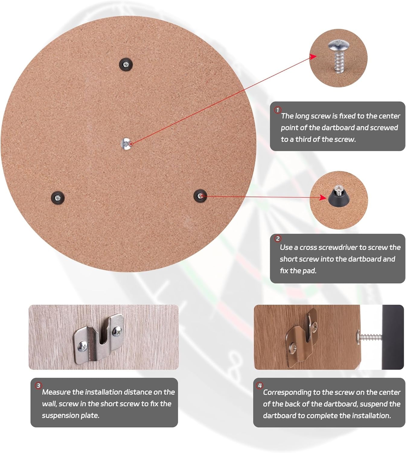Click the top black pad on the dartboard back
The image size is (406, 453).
point(126,65)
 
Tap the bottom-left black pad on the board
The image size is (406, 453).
point(58,198)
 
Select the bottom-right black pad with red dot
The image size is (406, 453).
point(200,196)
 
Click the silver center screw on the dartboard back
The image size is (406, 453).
point(126,144)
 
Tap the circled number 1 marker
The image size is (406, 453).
point(278,110)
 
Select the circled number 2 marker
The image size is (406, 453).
point(278,239)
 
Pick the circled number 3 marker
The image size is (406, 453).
point(38,385)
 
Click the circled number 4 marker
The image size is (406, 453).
point(260,385)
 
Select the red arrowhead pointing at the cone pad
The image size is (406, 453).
point(323,197)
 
